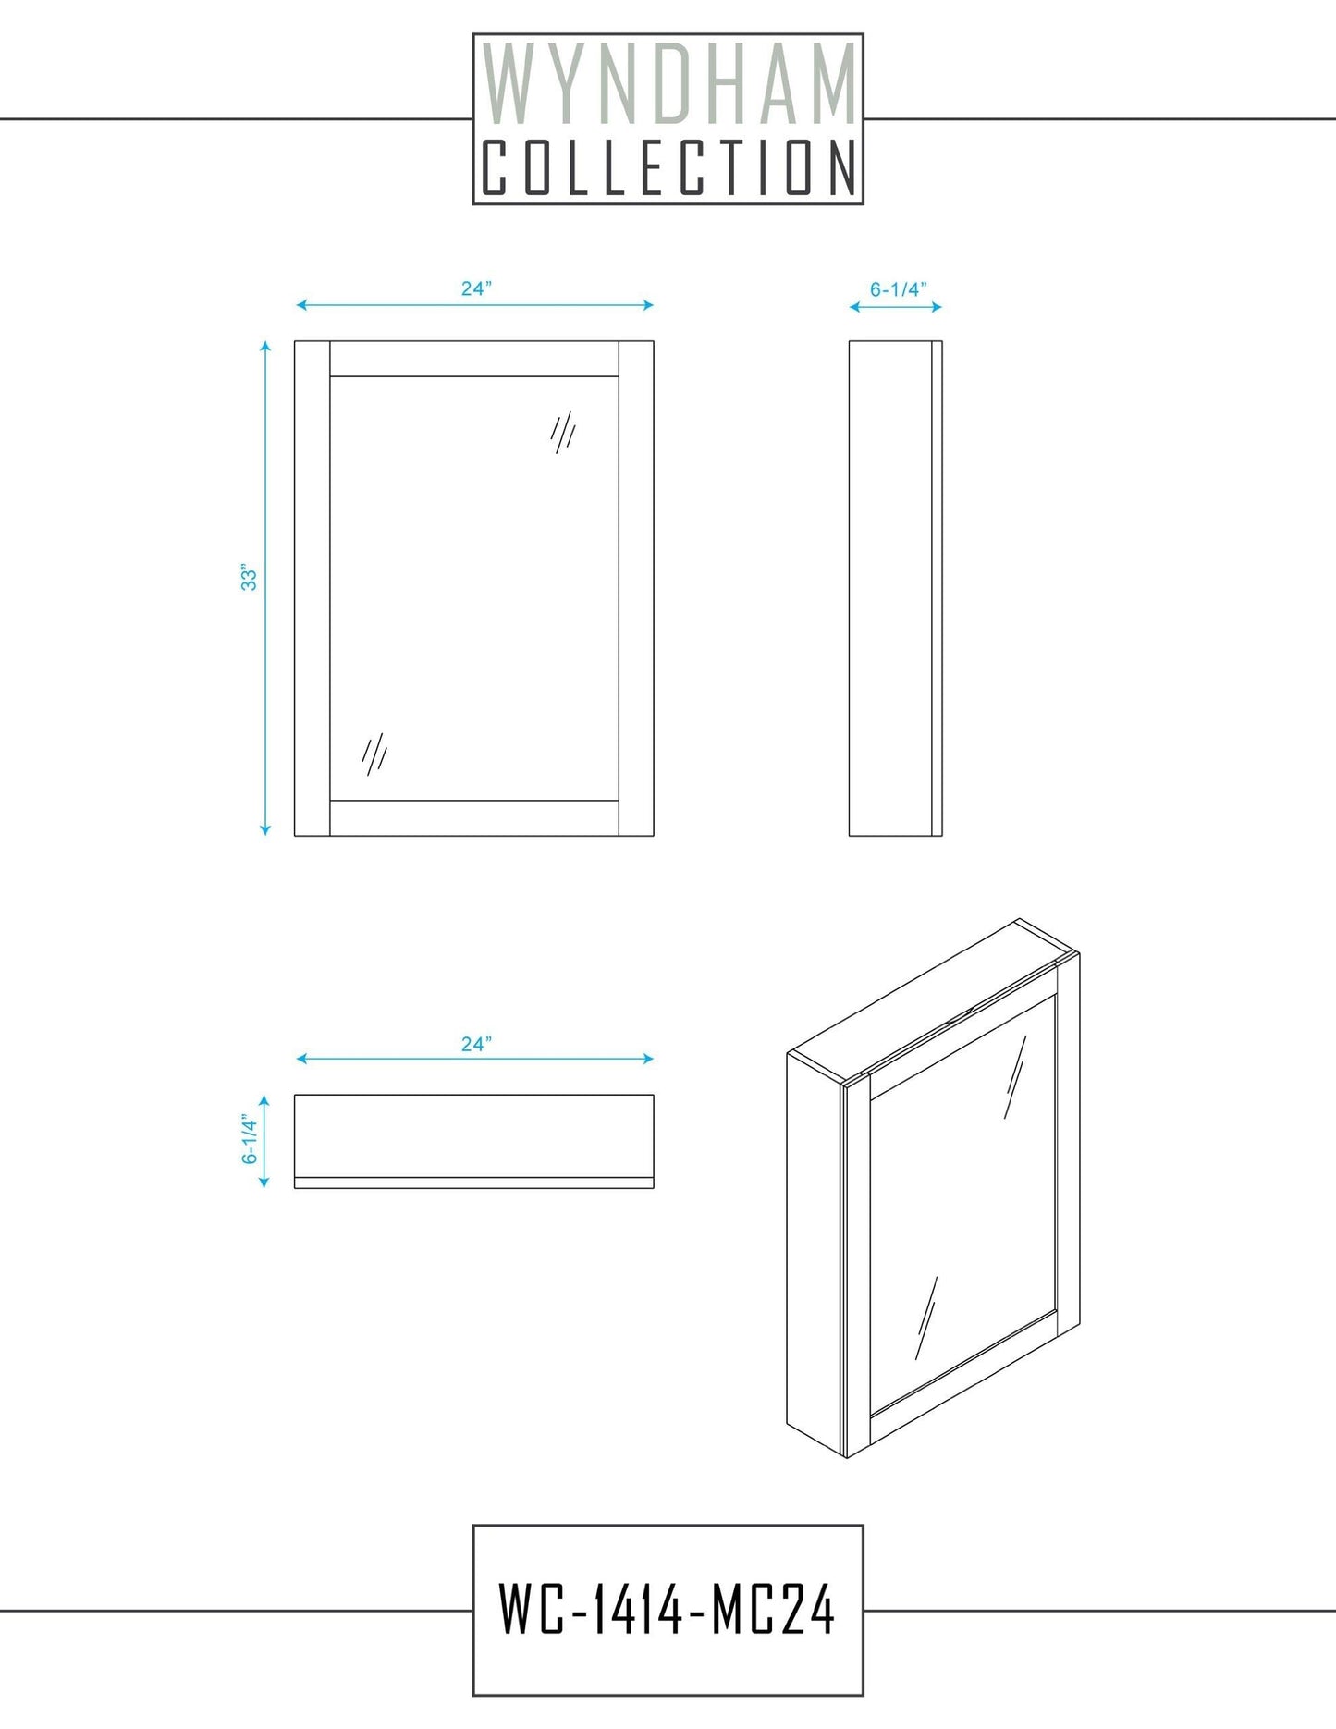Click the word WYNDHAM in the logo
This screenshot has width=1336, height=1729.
pyautogui.click(x=668, y=86)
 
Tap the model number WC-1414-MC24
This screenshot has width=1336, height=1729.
pyautogui.click(x=667, y=1610)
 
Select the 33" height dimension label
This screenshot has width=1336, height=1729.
pyautogui.click(x=249, y=577)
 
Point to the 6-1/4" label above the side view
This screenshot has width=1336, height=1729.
pyautogui.click(x=898, y=289)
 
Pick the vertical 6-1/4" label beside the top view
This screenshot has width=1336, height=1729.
pyautogui.click(x=250, y=1139)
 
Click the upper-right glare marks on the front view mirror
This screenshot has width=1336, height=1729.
pyautogui.click(x=564, y=432)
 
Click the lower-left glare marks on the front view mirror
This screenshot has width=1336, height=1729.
pyautogui.click(x=374, y=754)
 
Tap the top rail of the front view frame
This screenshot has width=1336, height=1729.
pyautogui.click(x=474, y=359)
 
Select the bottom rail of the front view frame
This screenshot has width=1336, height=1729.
pyautogui.click(x=474, y=818)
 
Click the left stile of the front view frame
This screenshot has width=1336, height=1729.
pyautogui.click(x=313, y=589)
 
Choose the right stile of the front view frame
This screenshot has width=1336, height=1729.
pyautogui.click(x=636, y=589)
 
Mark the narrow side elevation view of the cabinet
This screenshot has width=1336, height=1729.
pyautogui.click(x=896, y=589)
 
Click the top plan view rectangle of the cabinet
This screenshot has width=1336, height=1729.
pyautogui.click(x=474, y=1141)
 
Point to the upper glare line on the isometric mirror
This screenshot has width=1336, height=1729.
pyautogui.click(x=1015, y=1077)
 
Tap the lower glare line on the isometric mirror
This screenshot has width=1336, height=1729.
pyautogui.click(x=926, y=1318)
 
